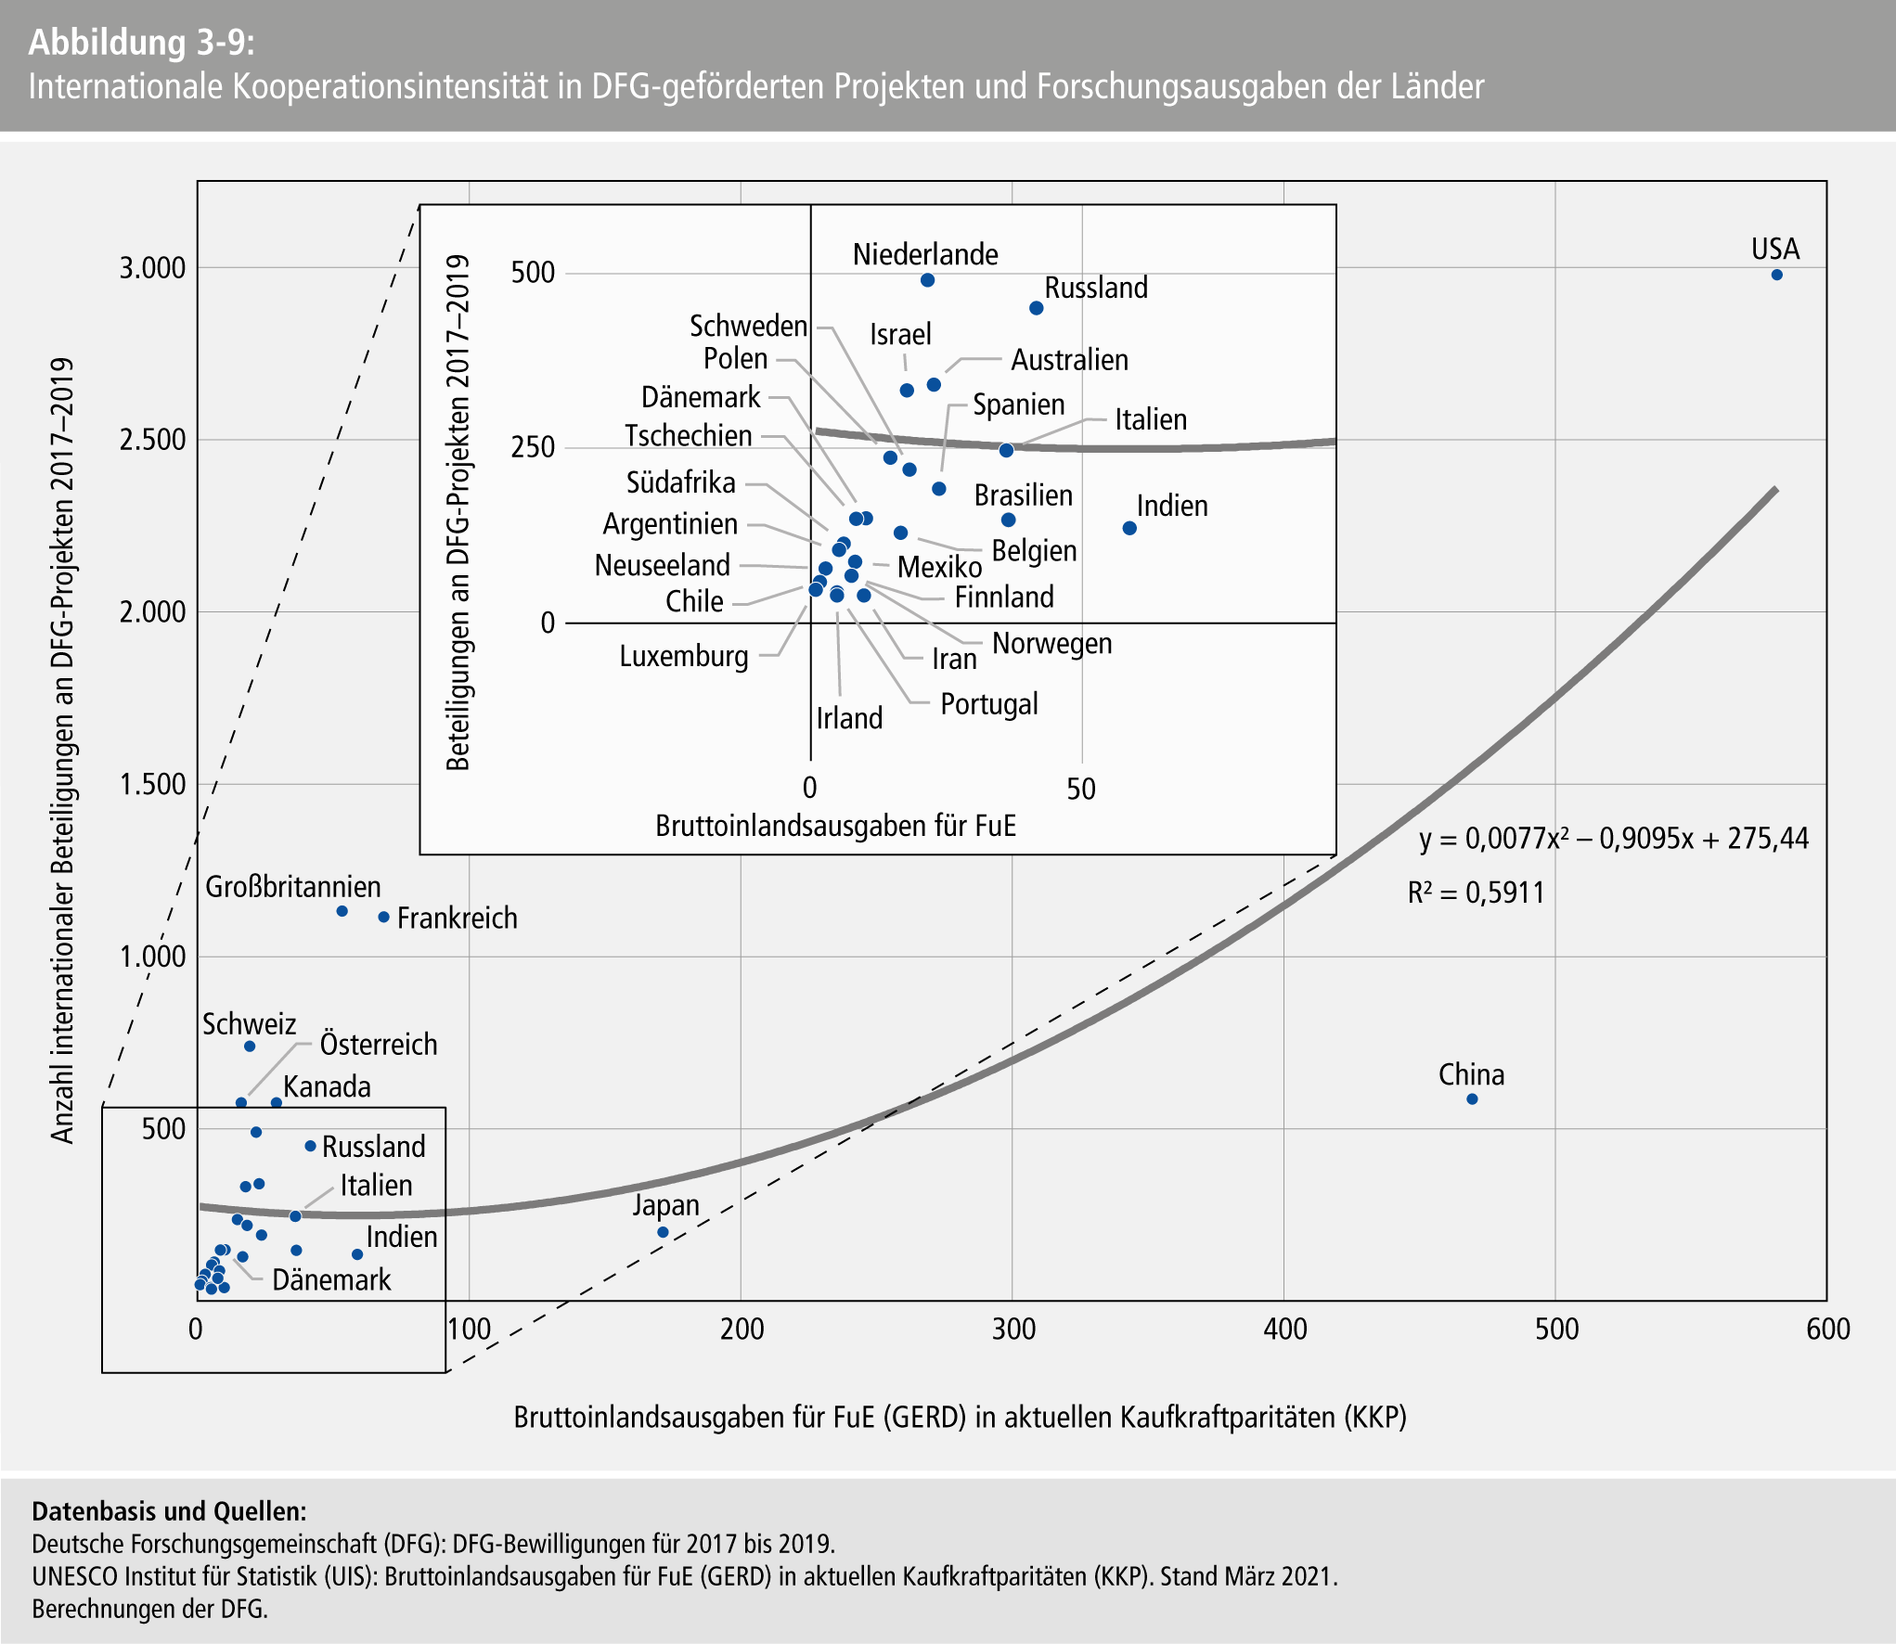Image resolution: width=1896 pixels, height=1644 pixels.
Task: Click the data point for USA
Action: [1776, 275]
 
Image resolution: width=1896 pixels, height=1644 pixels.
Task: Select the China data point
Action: [1472, 1099]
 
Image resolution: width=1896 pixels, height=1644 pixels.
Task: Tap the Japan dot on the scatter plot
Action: [663, 1232]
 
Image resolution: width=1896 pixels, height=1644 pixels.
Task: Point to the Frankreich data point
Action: [383, 918]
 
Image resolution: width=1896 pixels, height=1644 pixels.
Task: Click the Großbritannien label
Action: [292, 887]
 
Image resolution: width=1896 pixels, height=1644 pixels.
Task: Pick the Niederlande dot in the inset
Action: [927, 280]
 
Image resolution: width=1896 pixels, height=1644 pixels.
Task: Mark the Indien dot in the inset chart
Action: [1129, 528]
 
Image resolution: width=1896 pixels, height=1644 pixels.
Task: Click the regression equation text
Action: [1614, 839]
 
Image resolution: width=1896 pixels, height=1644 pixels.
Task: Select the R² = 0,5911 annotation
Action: [1476, 893]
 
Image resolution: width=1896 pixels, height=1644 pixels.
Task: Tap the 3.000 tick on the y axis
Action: [152, 268]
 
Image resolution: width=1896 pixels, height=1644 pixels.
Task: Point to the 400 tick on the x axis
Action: [1284, 1329]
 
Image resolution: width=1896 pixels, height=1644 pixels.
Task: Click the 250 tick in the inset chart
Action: [533, 447]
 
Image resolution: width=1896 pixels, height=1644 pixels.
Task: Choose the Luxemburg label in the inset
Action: [684, 657]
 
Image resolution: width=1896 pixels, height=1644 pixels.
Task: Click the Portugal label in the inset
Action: [988, 704]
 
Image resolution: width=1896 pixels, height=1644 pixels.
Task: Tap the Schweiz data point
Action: [250, 1047]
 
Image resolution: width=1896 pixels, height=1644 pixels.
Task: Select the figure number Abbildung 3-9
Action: [141, 43]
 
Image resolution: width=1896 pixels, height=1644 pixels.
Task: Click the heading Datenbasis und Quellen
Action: [169, 1511]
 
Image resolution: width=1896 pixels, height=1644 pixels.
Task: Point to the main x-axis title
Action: [960, 1417]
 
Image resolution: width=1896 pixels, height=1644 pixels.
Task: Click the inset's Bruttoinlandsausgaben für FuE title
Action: [835, 826]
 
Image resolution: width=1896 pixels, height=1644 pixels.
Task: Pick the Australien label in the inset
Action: [1069, 360]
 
